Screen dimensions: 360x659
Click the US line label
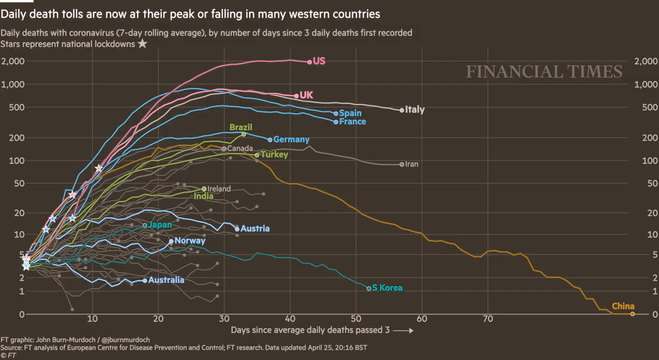[x=319, y=61]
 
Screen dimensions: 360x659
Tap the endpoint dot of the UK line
[x=297, y=96]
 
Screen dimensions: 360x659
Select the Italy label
[x=415, y=110]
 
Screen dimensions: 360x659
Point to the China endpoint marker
[x=632, y=314]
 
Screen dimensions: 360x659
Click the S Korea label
[x=387, y=288]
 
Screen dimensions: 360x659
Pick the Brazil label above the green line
[x=241, y=127]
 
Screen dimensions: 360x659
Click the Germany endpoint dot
[x=270, y=140]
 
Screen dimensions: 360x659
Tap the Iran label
[x=412, y=164]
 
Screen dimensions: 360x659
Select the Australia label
[x=166, y=280]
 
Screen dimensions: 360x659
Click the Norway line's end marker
[x=171, y=241]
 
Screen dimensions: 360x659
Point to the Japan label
[x=160, y=225]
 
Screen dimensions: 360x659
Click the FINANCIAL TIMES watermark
[x=544, y=72]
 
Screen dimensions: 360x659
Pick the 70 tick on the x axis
[x=488, y=319]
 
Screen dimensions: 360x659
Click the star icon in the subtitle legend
[x=142, y=44]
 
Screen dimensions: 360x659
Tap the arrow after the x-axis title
[x=403, y=331]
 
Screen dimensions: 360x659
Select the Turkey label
[x=275, y=155]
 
